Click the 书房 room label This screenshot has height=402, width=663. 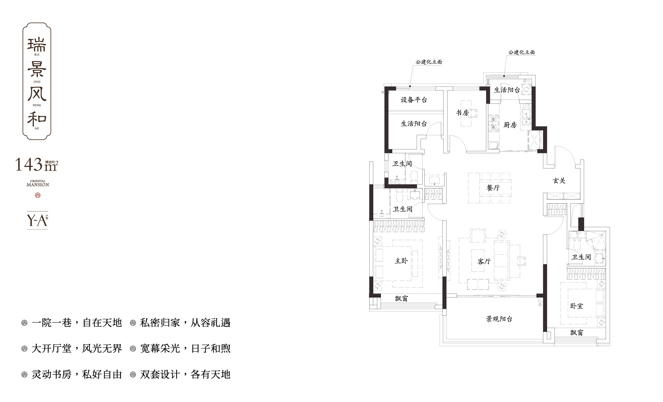point(462,113)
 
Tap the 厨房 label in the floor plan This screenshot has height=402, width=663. point(510,125)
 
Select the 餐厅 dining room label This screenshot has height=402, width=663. point(493,188)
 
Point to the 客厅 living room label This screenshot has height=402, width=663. point(484,261)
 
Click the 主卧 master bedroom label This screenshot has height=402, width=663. point(401,261)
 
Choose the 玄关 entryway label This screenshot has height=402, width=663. point(559,181)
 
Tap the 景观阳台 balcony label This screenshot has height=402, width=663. point(499,319)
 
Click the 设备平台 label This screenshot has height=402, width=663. point(414,100)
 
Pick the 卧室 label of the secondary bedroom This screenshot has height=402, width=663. point(576,306)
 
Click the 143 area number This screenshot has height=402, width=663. point(29,165)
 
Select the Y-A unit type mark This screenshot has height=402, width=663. point(36,220)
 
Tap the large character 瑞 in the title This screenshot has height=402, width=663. point(37,44)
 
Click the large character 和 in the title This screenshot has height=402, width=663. point(37,119)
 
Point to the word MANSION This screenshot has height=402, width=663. point(37,185)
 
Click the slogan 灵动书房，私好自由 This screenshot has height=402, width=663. point(77,374)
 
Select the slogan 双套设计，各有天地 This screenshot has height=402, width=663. point(185,374)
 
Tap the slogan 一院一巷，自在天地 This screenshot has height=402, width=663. point(77,323)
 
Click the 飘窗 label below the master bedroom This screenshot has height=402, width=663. point(401,299)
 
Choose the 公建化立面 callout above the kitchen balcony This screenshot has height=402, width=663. point(521,52)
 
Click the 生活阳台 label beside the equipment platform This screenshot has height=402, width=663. point(414,124)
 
